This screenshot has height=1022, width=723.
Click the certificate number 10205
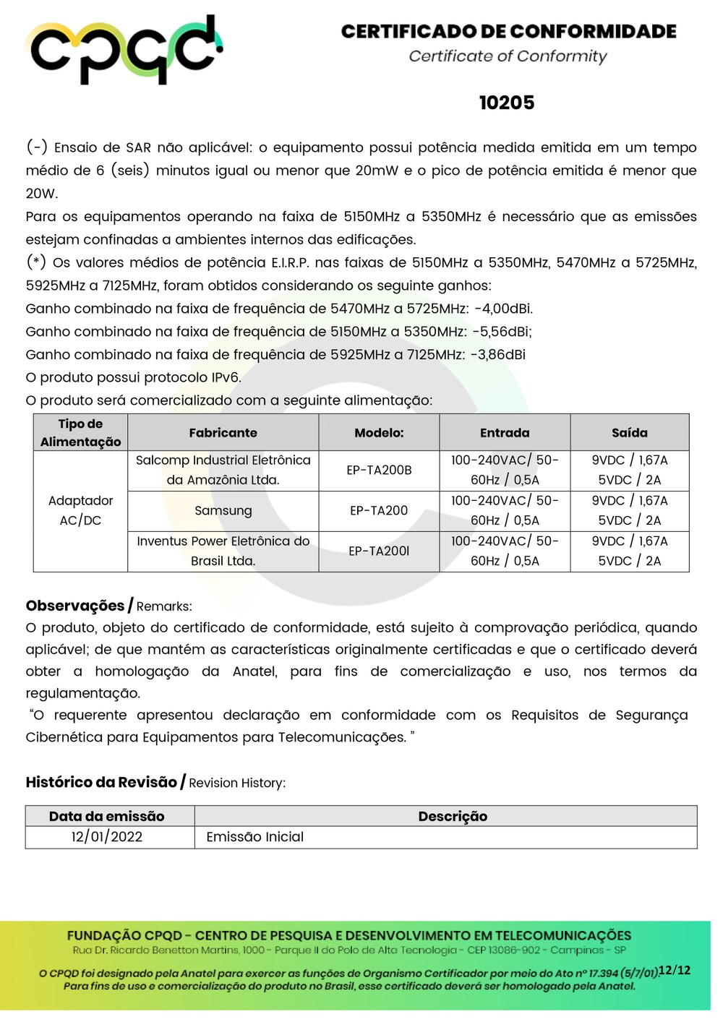tap(507, 103)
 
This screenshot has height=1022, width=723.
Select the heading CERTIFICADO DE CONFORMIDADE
tap(508, 32)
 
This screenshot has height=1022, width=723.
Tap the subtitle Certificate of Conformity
tap(508, 56)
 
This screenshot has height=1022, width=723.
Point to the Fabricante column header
tap(223, 433)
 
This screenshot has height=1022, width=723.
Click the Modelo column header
tap(379, 433)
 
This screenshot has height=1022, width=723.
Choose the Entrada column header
tap(505, 433)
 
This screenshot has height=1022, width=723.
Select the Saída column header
tap(629, 433)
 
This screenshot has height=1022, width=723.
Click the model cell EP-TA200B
tap(379, 470)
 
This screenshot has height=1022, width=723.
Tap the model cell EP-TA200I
tap(379, 551)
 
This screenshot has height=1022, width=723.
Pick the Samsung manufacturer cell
tap(223, 510)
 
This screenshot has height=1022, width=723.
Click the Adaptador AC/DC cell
tap(80, 510)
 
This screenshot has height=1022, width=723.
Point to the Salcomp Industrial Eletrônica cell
tap(223, 470)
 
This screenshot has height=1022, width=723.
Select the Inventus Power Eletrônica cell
tap(223, 551)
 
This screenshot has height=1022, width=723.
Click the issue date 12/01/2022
tap(107, 837)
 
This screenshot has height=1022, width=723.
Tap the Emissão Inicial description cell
tap(254, 837)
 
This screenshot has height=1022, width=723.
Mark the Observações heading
tap(75, 606)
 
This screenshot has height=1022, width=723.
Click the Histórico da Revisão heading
tap(101, 782)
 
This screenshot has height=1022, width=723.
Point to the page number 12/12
tap(675, 970)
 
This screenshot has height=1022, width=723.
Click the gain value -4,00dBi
tap(503, 309)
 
